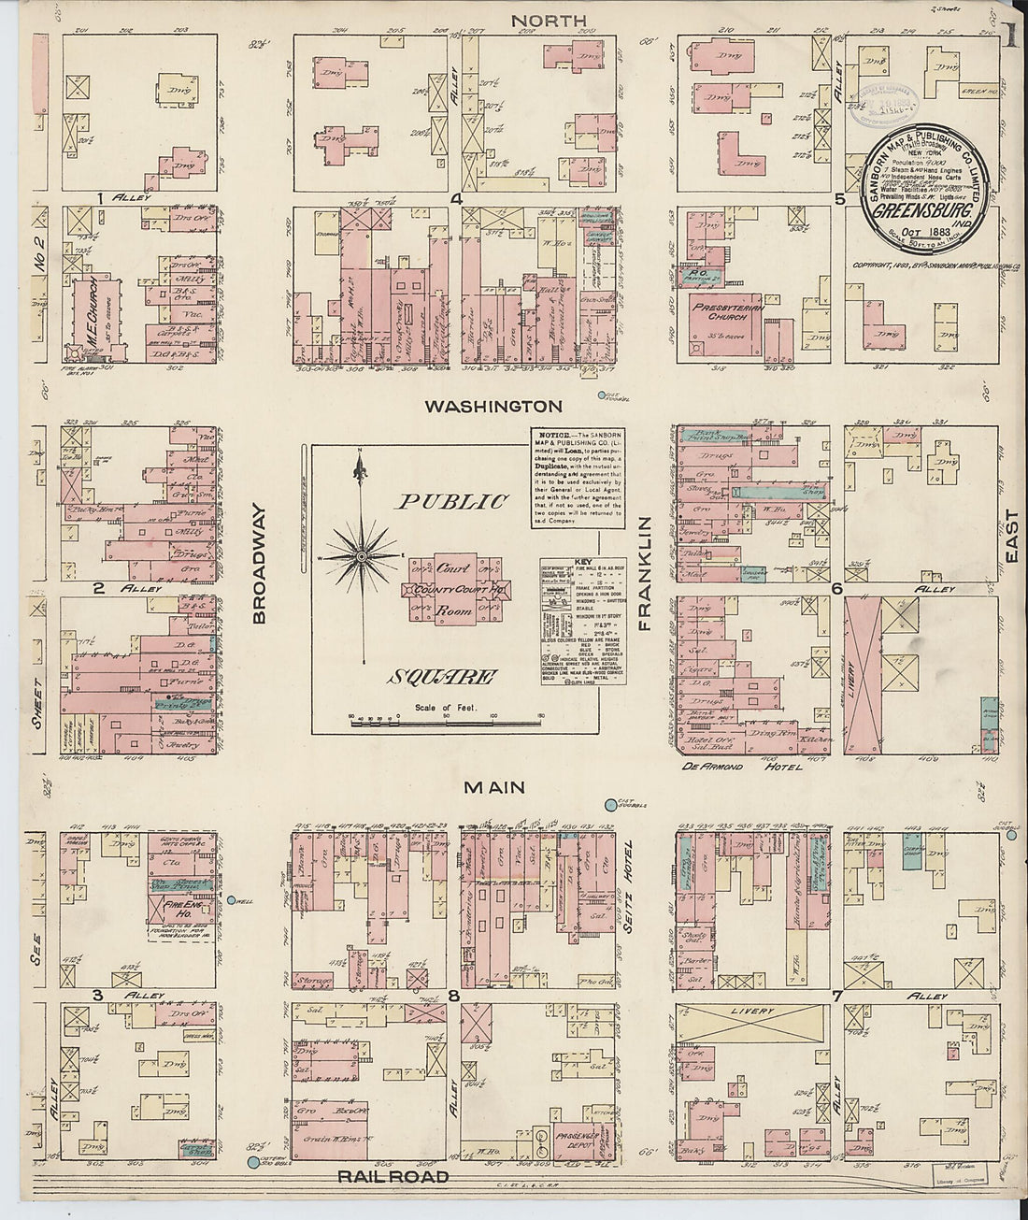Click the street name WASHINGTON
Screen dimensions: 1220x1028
tap(493, 407)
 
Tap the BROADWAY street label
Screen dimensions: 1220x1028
tap(259, 564)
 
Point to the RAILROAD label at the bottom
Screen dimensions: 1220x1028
tap(393, 1177)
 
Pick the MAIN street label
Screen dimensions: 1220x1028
tap(494, 788)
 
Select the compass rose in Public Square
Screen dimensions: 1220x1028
tap(362, 557)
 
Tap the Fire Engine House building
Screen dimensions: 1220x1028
tap(170, 906)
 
